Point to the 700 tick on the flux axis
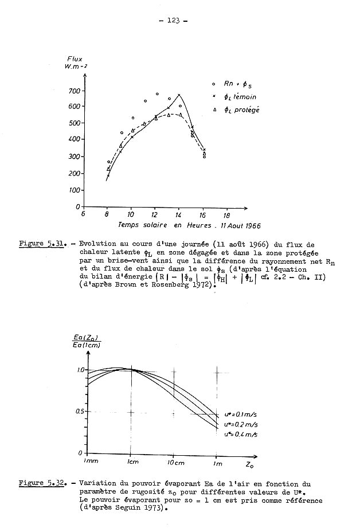pos(73,91)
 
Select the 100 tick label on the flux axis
pos(73,190)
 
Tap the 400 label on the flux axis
pos(73,139)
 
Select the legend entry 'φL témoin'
pos(241,97)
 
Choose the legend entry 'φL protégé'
pos(242,110)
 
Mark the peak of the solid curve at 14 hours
pos(179,95)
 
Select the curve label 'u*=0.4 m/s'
pos(240,435)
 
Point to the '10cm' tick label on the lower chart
pos(174,462)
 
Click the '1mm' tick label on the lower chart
pos(90,461)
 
